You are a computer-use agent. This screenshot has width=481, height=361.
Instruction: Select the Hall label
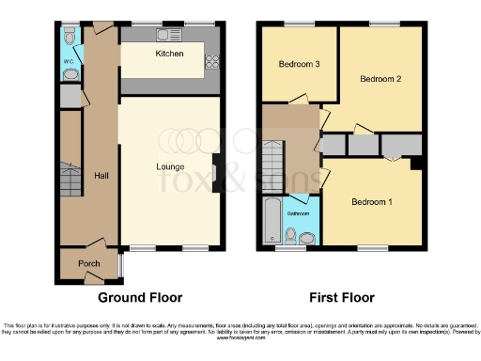101,176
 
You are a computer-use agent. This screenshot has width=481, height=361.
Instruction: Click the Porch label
88,263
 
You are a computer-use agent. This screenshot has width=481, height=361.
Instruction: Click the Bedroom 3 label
298,64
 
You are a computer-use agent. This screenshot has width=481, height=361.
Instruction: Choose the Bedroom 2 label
380,79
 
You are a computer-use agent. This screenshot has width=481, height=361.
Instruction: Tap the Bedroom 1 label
372,201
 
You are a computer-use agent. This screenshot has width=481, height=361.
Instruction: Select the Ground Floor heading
141,298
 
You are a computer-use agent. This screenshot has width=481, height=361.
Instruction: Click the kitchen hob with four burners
211,62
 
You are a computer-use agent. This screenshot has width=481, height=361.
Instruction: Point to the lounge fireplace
217,173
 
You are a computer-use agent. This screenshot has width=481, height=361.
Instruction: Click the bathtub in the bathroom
270,222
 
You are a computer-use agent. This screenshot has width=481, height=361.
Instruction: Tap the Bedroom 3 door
300,99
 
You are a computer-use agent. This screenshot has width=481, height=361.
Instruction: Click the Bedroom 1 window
372,249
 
